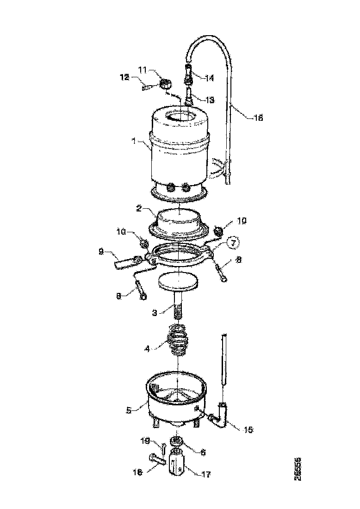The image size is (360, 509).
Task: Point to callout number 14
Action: coord(210,78)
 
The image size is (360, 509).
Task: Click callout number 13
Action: coord(210,99)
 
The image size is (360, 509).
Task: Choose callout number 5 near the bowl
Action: coord(129,409)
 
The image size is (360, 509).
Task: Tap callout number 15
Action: coord(248,429)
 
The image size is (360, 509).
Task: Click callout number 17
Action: coord(205,474)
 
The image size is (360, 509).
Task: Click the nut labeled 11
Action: coord(166,84)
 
